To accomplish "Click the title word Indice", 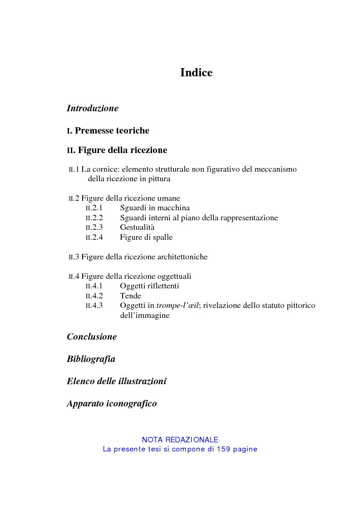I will click(x=196, y=73).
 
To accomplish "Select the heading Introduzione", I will click(x=93, y=109).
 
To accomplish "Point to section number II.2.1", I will click(x=94, y=208).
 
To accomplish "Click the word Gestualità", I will click(x=137, y=228).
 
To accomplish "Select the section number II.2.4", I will click(x=94, y=238).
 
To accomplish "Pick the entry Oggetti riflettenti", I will click(x=149, y=286).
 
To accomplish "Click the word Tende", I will click(x=130, y=296).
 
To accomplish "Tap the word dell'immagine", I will click(x=144, y=316).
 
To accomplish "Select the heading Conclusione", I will click(x=92, y=337).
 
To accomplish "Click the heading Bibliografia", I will click(x=91, y=359).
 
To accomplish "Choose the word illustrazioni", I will click(x=142, y=381).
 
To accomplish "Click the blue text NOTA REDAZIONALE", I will click(x=180, y=440).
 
